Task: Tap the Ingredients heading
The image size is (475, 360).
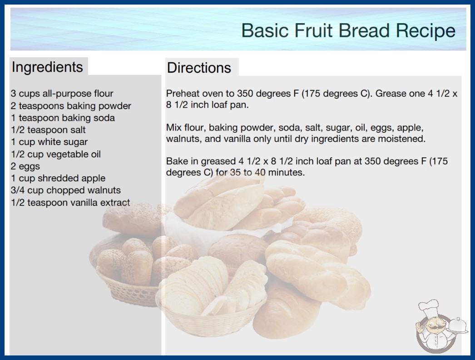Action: tap(47, 67)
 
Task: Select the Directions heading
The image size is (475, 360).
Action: tap(199, 68)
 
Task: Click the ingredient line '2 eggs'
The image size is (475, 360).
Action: tap(25, 166)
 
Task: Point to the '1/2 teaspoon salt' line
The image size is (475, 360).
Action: tap(48, 130)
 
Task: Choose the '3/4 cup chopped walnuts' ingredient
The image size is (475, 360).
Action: tap(66, 190)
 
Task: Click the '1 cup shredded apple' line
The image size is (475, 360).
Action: tap(58, 178)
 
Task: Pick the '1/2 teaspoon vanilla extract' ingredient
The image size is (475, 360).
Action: tap(70, 202)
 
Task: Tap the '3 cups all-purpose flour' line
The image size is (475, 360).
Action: tap(62, 94)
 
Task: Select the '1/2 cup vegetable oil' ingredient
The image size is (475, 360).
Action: tap(56, 154)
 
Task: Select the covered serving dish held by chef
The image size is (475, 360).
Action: tap(457, 326)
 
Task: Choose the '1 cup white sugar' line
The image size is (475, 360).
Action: tap(49, 142)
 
